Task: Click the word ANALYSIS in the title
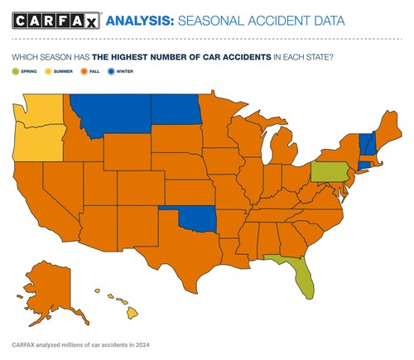click(x=140, y=20)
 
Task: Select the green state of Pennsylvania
click(x=329, y=172)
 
